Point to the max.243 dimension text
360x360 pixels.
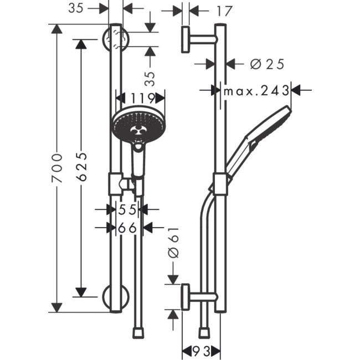[x=256, y=90]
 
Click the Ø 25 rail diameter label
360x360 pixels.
[x=267, y=64]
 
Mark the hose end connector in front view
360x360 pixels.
[x=138, y=332]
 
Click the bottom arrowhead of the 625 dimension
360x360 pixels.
[x=81, y=292]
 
